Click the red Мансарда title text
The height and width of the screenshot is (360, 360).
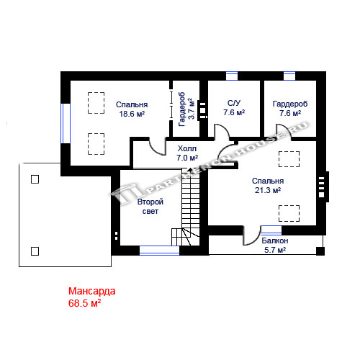click(x=92, y=291)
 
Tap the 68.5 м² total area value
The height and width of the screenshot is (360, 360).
click(x=84, y=303)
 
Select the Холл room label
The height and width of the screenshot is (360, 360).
click(x=187, y=148)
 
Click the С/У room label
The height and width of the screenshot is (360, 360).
click(x=234, y=103)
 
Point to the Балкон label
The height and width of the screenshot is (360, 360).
click(x=275, y=240)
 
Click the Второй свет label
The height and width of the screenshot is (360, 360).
click(x=150, y=207)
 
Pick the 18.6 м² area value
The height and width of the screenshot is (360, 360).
click(x=132, y=114)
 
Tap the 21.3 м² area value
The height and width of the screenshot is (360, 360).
click(x=268, y=190)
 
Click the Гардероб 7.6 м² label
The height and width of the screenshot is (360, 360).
click(x=290, y=108)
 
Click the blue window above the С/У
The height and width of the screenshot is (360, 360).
click(x=232, y=76)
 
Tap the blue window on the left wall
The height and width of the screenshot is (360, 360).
click(x=66, y=123)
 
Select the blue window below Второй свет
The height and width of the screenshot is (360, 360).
click(x=159, y=251)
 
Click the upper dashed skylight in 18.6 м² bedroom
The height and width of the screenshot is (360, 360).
click(x=96, y=103)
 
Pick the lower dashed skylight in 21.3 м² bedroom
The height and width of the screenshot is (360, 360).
click(x=289, y=213)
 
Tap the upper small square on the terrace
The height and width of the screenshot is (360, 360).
click(x=35, y=179)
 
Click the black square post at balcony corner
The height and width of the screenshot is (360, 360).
click(x=320, y=251)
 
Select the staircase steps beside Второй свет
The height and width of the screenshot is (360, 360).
click(x=190, y=207)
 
